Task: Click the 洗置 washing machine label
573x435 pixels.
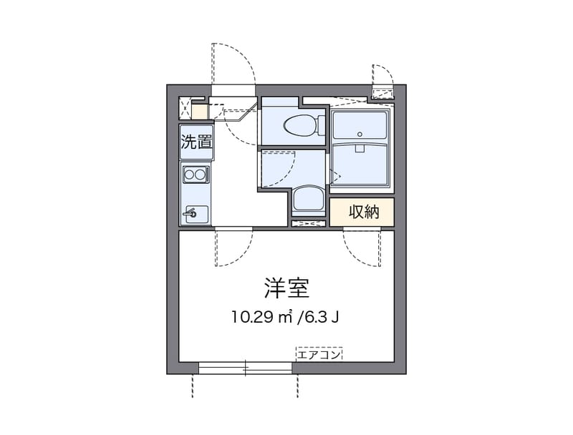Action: tap(196, 142)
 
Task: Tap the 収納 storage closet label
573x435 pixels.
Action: tap(362, 212)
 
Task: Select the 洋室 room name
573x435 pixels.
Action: tap(286, 288)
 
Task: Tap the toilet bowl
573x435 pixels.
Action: tap(295, 126)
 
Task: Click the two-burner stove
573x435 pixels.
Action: tap(196, 173)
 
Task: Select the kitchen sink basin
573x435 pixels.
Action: tap(196, 213)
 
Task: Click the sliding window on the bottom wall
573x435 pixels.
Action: tap(245, 368)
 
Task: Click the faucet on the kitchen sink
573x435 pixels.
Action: tap(191, 212)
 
